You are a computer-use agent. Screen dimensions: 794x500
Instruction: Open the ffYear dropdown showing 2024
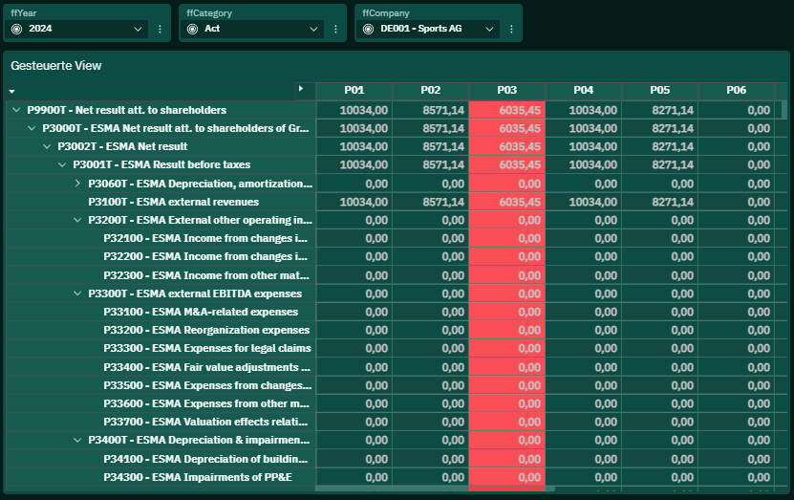[x=76, y=29]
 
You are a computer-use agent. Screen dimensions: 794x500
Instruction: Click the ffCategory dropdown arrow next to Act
[x=313, y=29]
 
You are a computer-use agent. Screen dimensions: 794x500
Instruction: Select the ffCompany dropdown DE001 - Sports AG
[x=428, y=29]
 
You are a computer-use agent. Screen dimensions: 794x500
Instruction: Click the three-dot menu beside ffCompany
[x=511, y=29]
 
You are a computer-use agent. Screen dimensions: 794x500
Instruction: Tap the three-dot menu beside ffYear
[x=160, y=29]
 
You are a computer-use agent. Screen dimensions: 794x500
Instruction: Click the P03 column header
[x=507, y=90]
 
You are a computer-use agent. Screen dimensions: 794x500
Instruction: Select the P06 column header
[x=737, y=90]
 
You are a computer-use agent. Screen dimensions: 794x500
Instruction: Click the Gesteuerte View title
[x=56, y=66]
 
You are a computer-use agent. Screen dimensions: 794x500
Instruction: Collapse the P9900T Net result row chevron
[x=16, y=110]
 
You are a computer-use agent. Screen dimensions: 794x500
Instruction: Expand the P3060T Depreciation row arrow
[x=77, y=184]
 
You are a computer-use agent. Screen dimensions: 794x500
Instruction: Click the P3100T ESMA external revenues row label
[x=173, y=202]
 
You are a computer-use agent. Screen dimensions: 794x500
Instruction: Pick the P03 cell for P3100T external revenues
[x=507, y=202]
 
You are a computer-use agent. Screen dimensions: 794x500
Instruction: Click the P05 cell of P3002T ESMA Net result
[x=660, y=146]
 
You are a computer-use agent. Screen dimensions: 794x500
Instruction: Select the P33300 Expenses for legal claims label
[x=207, y=348]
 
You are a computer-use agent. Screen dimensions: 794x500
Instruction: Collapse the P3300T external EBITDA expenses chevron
[x=77, y=293]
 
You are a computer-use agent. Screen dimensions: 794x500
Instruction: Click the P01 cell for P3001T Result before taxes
[x=354, y=164]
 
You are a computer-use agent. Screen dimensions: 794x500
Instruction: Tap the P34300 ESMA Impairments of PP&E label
[x=198, y=477]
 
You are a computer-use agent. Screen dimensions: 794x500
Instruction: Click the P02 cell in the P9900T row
[x=430, y=110]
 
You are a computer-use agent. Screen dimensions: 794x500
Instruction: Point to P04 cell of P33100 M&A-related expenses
[x=584, y=312]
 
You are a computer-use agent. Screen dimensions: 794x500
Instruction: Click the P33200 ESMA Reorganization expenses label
[x=206, y=330]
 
